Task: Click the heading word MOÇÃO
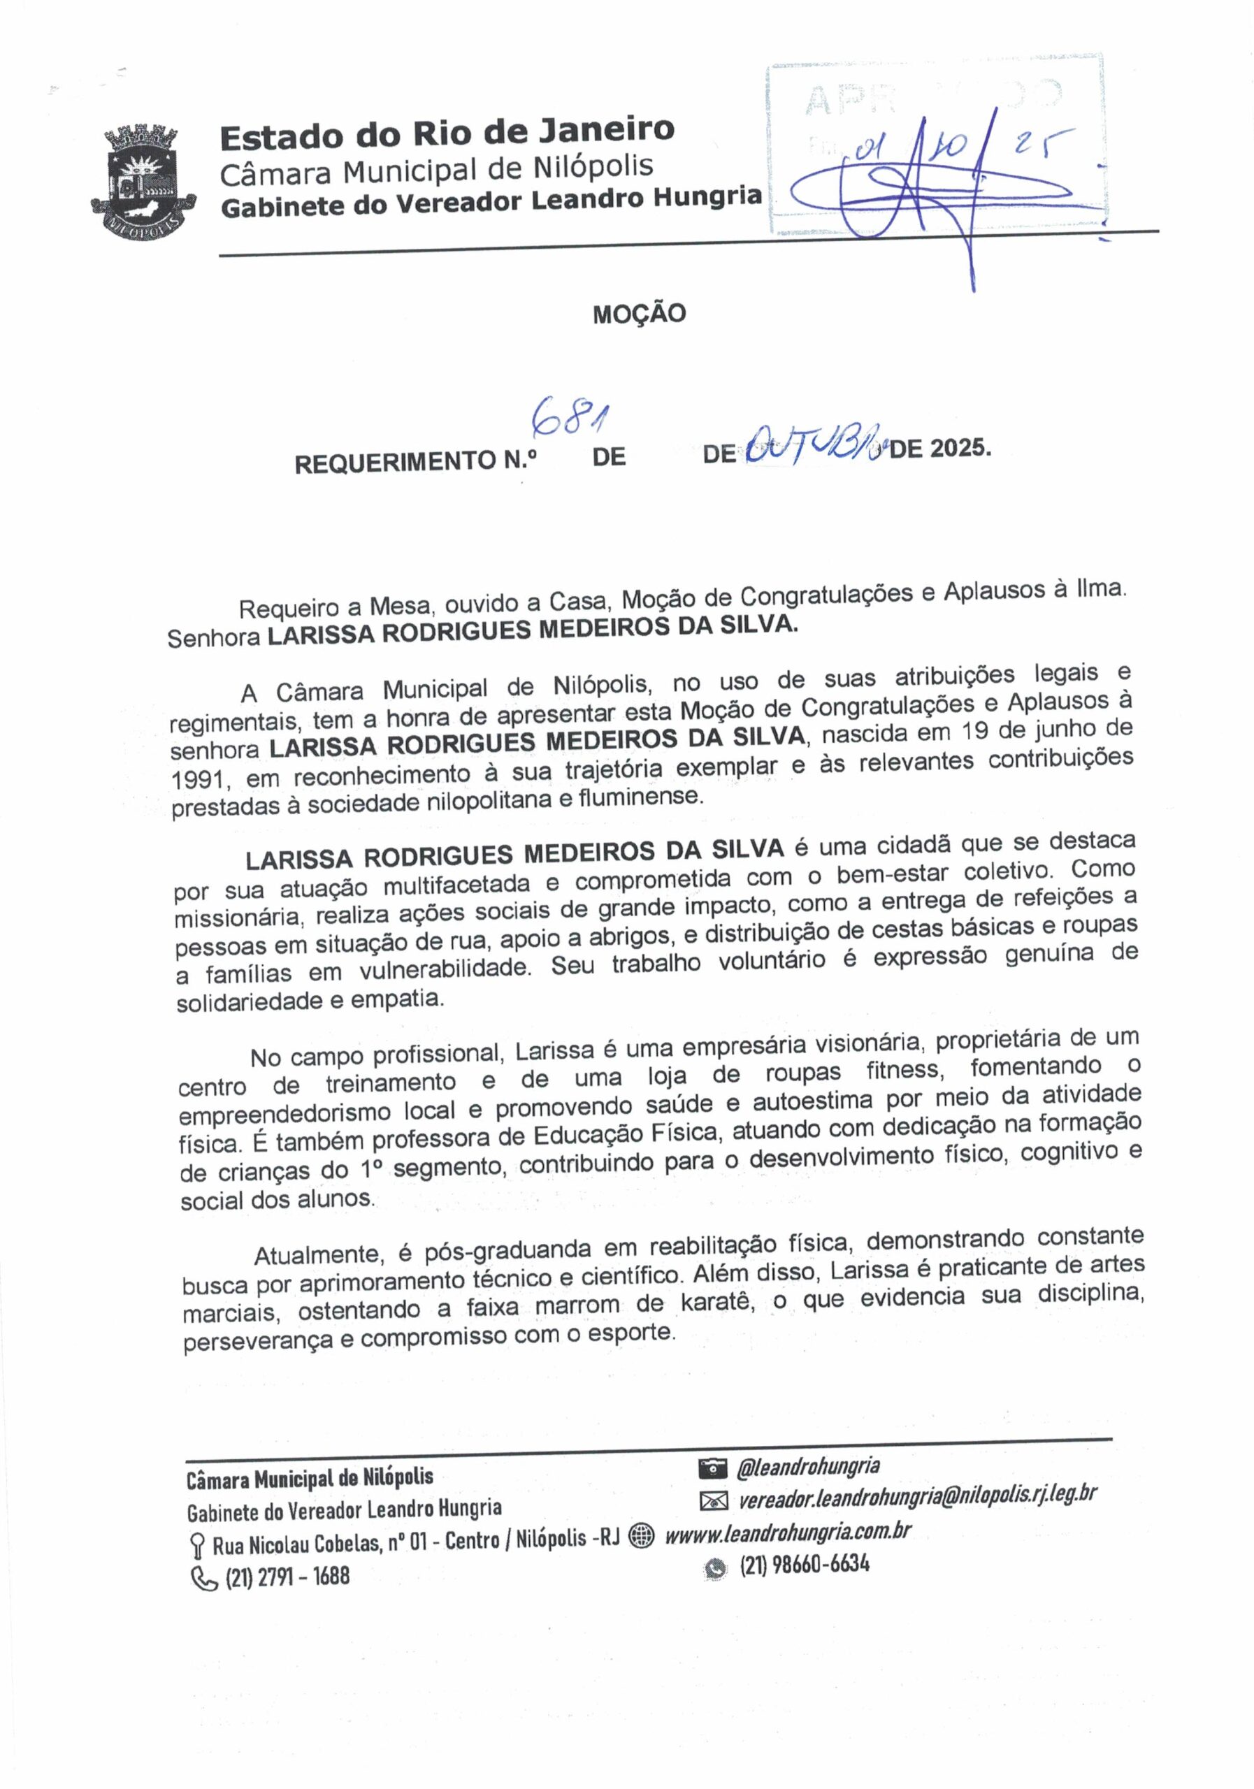pyautogui.click(x=638, y=314)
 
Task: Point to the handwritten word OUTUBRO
pyautogui.click(x=814, y=448)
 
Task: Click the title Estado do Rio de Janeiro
pyautogui.click(x=447, y=134)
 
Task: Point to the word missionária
pyautogui.click(x=237, y=917)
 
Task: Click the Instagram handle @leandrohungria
pyautogui.click(x=808, y=1468)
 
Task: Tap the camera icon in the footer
pyautogui.click(x=712, y=1469)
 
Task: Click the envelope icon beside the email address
pyautogui.click(x=712, y=1500)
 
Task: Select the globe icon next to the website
pyautogui.click(x=641, y=1536)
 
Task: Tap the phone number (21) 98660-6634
pyautogui.click(x=804, y=1565)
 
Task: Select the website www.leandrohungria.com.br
pyautogui.click(x=787, y=1533)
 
